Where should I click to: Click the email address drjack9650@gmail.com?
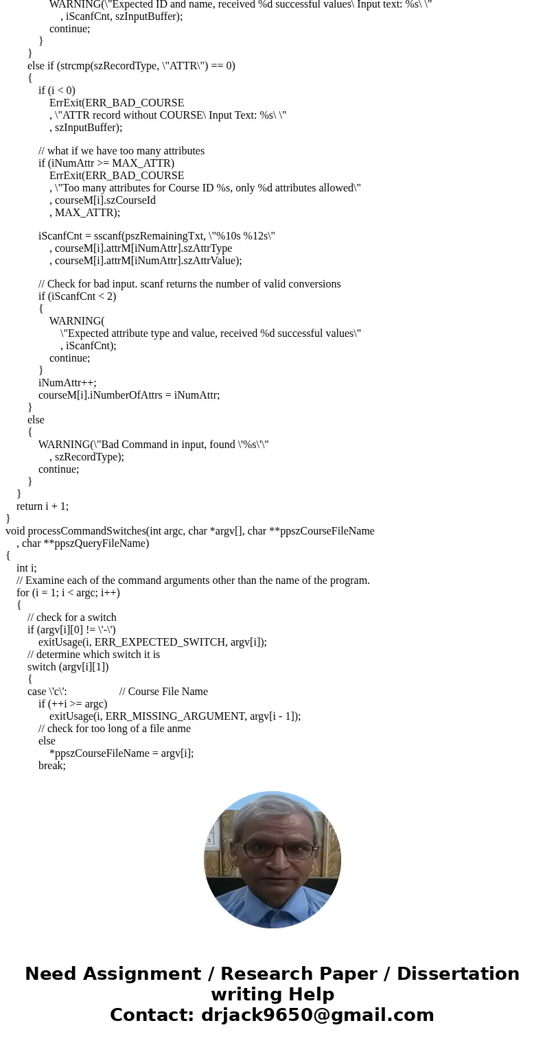[x=317, y=1015]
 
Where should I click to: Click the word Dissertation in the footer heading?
[x=458, y=974]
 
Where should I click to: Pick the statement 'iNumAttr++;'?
[x=67, y=383]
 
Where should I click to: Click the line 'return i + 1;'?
[x=43, y=506]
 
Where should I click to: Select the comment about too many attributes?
[x=121, y=151]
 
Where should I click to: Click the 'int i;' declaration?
[x=27, y=568]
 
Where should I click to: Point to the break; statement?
[x=52, y=766]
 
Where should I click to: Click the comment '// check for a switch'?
[x=72, y=618]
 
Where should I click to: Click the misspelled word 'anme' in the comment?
[x=178, y=729]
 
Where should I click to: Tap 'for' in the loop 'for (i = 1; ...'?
[x=23, y=593]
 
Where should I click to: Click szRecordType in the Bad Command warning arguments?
[x=88, y=457]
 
